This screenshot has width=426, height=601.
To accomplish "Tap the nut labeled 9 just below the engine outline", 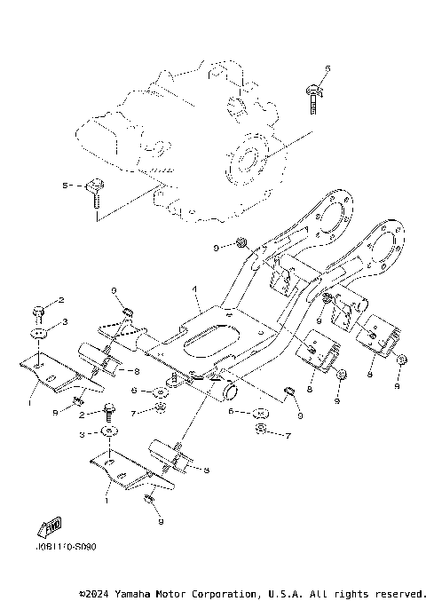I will (241, 242).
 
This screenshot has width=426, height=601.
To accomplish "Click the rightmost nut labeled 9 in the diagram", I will (400, 360).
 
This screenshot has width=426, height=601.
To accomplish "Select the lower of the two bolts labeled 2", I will (108, 411).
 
